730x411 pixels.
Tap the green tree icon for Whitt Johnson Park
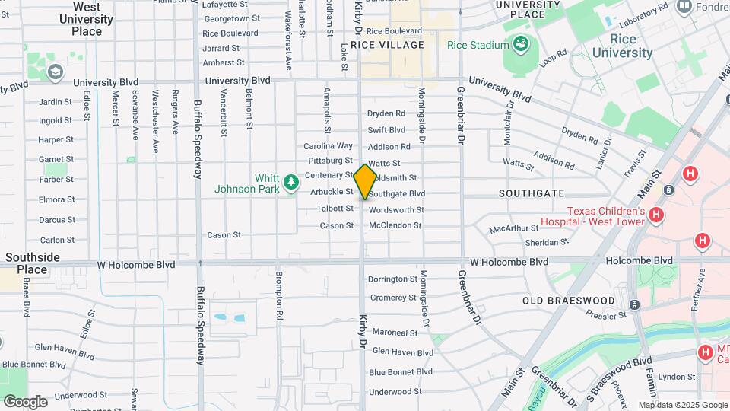coord(290,183)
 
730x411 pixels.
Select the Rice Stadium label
coord(478,45)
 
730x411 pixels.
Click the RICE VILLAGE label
coord(387,45)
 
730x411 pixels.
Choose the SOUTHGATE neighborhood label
coord(532,193)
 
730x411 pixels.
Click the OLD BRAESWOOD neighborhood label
coord(568,301)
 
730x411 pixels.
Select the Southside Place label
coord(32,263)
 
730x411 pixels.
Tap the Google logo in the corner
coord(24,401)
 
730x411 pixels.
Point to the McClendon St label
coord(395,225)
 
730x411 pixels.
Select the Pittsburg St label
coord(331,161)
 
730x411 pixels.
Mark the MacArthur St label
coord(513,228)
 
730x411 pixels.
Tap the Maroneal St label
coord(395,333)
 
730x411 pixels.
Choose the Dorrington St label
coord(392,279)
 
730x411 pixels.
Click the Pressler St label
coord(606,314)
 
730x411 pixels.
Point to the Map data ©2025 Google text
coord(682,405)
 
